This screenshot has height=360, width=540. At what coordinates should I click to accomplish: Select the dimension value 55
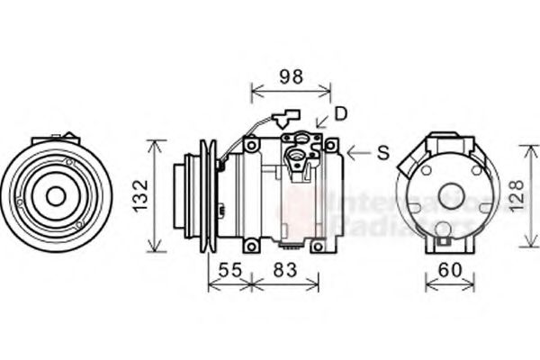(230, 269)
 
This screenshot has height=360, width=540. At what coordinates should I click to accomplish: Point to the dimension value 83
(285, 269)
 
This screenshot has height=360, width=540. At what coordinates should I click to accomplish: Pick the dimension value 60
(449, 269)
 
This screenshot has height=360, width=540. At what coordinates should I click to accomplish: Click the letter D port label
(340, 113)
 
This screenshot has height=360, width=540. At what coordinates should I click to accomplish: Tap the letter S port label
(382, 154)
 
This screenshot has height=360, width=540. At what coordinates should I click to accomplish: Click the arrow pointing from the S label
(359, 154)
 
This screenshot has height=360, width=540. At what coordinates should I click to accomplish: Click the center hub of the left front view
(56, 195)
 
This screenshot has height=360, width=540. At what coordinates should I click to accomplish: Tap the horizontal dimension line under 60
(449, 286)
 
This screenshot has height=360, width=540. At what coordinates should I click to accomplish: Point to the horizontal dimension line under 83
(285, 286)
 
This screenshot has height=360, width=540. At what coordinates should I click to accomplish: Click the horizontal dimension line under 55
(230, 286)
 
